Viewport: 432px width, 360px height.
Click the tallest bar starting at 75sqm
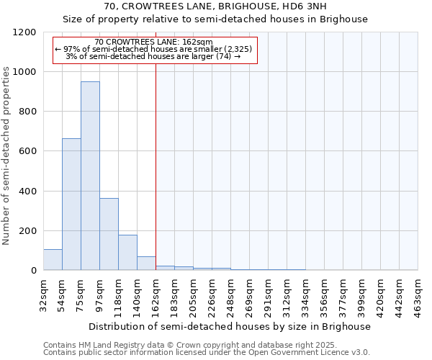90,176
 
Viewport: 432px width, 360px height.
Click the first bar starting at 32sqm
53,260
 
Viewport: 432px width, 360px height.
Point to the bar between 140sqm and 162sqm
146,264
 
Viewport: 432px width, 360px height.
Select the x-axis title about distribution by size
230,326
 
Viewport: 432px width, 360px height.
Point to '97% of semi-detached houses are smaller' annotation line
153,49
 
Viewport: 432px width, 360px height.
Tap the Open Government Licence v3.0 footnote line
207,353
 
